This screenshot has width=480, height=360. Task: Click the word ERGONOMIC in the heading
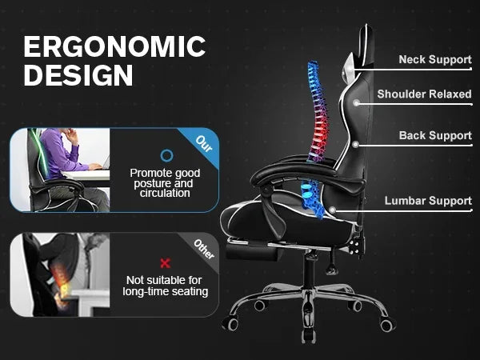tap(114, 46)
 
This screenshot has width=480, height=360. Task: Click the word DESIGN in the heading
tap(78, 75)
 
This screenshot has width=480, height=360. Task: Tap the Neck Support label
tap(435, 60)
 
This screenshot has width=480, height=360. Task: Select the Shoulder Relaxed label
tap(424, 94)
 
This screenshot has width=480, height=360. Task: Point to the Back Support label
tap(435, 136)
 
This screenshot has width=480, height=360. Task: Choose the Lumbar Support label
tap(428, 201)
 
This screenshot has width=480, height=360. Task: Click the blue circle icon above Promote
tap(166, 155)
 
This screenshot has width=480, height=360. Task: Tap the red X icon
tap(166, 262)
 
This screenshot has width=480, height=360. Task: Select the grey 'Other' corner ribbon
tap(204, 248)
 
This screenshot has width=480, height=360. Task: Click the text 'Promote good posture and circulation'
tap(166, 182)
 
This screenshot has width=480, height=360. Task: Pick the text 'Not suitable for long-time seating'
tap(166, 286)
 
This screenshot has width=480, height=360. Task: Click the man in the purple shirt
tap(60, 155)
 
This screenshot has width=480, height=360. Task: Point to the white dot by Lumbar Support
tap(331, 211)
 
